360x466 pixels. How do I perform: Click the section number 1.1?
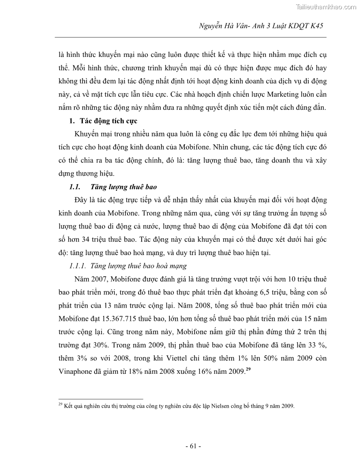[x=72, y=188]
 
